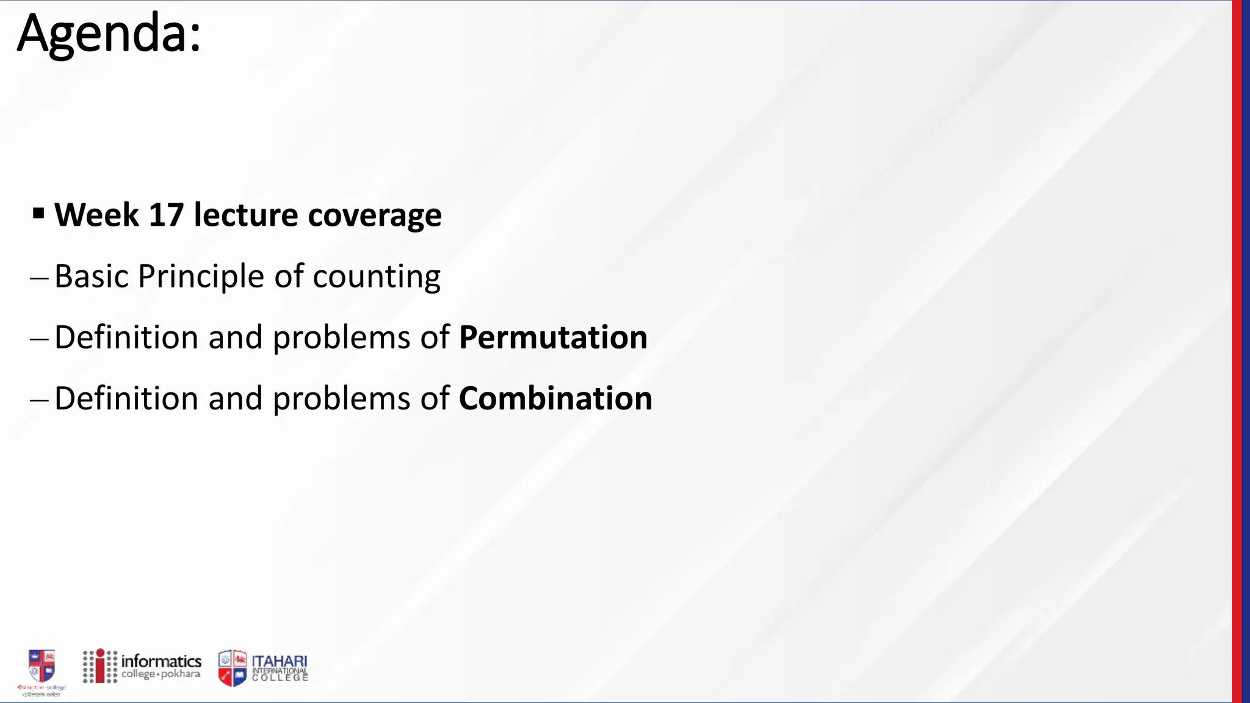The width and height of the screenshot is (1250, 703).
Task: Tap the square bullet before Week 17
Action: (38, 214)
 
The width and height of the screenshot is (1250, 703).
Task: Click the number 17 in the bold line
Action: (166, 215)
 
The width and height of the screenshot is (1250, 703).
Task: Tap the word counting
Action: (377, 277)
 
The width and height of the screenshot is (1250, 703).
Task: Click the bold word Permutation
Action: (553, 337)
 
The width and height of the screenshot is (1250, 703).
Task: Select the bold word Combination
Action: (555, 398)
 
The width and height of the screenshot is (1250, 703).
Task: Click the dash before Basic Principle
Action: (38, 278)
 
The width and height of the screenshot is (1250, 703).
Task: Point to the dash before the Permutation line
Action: (38, 339)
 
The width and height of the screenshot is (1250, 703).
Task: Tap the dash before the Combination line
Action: (38, 400)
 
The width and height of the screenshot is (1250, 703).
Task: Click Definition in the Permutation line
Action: (126, 337)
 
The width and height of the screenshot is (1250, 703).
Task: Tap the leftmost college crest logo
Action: (42, 666)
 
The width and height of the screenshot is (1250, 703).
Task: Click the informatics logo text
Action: (161, 662)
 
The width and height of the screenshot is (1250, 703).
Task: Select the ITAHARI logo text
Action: (280, 662)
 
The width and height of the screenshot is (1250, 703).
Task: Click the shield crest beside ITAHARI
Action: (233, 668)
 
